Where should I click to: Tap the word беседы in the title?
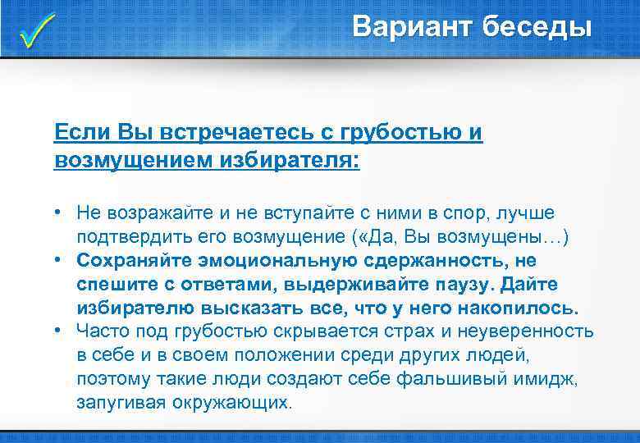(x=537, y=27)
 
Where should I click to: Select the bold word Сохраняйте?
(x=133, y=261)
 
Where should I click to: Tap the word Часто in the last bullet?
(x=100, y=332)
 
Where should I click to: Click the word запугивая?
(x=121, y=403)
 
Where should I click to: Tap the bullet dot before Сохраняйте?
(x=61, y=261)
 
